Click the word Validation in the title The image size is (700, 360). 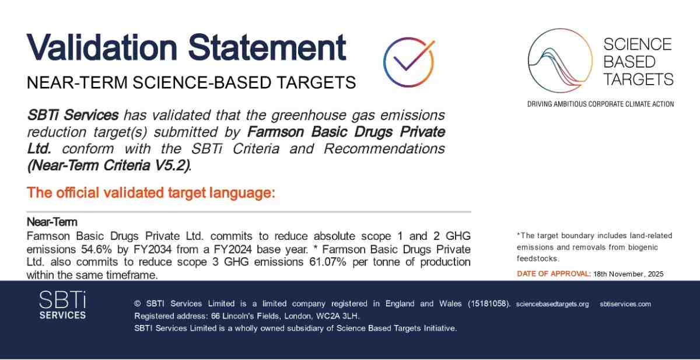point(102,47)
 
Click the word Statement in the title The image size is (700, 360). point(267,47)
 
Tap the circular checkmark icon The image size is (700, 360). point(409,62)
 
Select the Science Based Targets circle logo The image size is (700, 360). point(560,60)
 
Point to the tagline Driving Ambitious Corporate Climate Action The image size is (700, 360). point(600,104)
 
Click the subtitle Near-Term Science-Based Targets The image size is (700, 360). point(191,82)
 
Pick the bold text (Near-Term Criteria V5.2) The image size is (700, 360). point(109,165)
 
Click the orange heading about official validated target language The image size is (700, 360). point(151,193)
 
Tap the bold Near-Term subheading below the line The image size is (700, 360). point(52,222)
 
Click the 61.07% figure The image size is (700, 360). point(327,262)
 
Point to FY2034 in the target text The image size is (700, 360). point(152,249)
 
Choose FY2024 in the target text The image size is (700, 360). point(233,249)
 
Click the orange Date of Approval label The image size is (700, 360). point(554,274)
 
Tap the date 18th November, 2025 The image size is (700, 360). point(628,274)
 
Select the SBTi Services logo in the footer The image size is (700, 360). point(62,305)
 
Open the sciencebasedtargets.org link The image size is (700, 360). point(552,304)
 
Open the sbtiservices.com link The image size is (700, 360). point(625,304)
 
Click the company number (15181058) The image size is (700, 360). point(489,304)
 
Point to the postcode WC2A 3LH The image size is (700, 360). point(338,316)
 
